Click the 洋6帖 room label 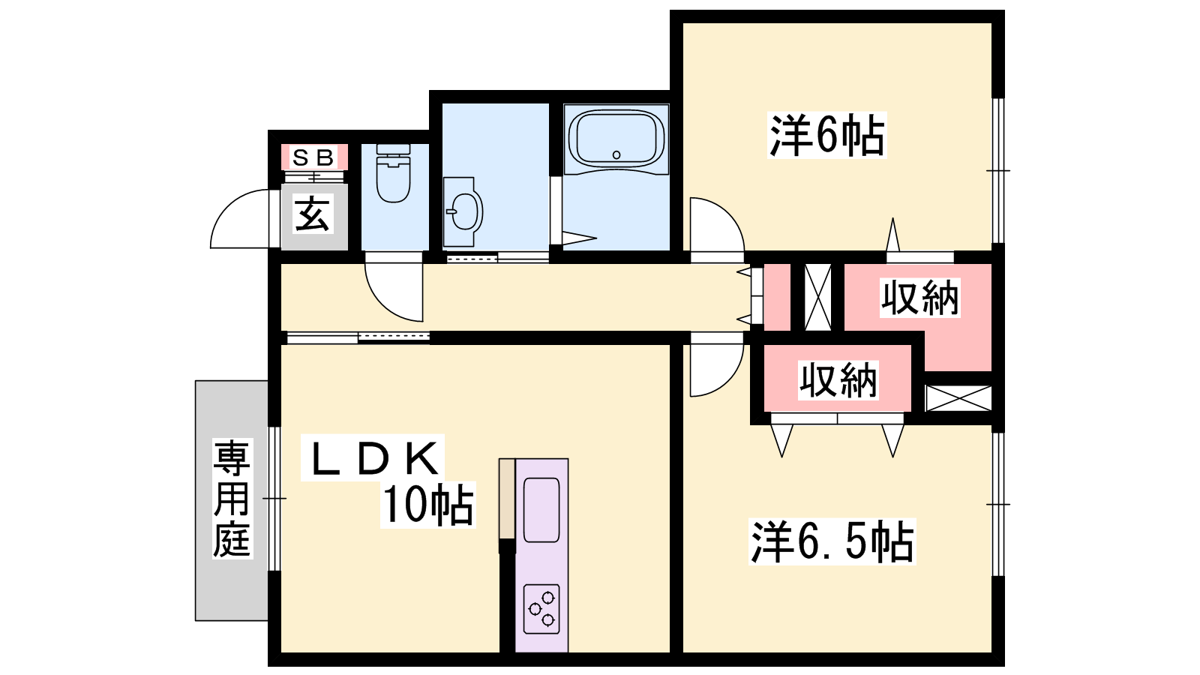(x=827, y=135)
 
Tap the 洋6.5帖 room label (x=832, y=541)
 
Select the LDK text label (x=373, y=458)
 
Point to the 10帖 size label (x=427, y=505)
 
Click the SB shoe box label (x=313, y=158)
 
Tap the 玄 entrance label (x=313, y=214)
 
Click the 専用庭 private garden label (x=231, y=499)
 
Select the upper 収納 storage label (x=919, y=298)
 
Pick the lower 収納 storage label (x=838, y=379)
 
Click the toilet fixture (x=393, y=177)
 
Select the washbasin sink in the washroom (x=465, y=212)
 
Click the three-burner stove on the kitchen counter (x=541, y=608)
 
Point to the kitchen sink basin (x=541, y=510)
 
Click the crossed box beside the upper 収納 (x=817, y=297)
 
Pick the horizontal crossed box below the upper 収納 (x=958, y=397)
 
